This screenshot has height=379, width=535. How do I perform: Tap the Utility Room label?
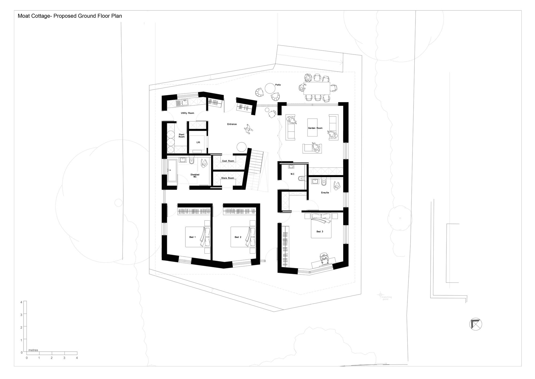[x=187, y=113]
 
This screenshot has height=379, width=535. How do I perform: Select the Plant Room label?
[x=182, y=136]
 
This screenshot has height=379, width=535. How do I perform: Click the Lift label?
[x=198, y=142]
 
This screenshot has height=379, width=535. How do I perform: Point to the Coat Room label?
[x=228, y=161]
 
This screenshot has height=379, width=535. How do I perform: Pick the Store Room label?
[x=227, y=178]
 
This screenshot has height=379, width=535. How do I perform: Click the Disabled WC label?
[x=195, y=176]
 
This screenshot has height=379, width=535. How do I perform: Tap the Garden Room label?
[x=315, y=128]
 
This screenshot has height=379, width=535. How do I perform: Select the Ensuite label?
[x=325, y=193]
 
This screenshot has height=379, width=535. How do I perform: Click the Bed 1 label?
[x=192, y=237]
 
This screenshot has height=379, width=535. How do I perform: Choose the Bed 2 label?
[x=238, y=237]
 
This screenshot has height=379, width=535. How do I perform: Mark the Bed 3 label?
[x=320, y=232]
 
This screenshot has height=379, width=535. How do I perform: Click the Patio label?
[x=278, y=85]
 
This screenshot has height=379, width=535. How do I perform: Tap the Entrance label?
[x=232, y=124]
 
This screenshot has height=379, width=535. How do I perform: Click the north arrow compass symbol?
[x=475, y=324]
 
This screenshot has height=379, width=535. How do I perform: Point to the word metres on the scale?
[x=33, y=350]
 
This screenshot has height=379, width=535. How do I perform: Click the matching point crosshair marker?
[x=380, y=295]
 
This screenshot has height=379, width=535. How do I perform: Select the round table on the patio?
[x=270, y=88]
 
